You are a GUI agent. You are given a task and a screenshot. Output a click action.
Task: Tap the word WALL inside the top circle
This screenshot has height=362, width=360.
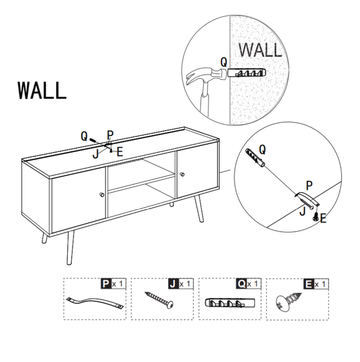[260, 51]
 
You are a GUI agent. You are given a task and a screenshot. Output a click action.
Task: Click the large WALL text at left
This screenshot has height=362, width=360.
[42, 90]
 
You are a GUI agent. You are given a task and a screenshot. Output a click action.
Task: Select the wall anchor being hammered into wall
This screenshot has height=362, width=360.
[246, 74]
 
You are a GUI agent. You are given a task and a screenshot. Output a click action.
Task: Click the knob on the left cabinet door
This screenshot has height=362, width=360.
[102, 195]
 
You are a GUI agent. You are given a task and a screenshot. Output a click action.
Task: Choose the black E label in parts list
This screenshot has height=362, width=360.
[309, 284]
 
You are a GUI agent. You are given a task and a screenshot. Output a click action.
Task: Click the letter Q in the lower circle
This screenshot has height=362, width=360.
[262, 150]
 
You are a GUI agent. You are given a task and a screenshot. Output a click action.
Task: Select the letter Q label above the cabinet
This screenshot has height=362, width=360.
[84, 136]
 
